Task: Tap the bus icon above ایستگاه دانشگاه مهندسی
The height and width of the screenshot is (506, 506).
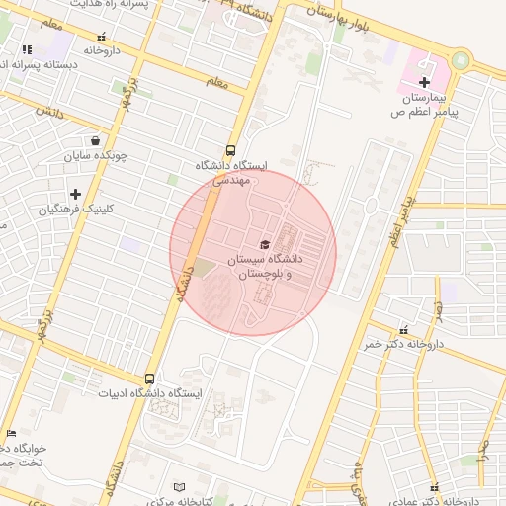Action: click(x=230, y=151)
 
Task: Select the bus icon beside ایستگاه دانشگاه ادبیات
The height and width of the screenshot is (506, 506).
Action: click(x=149, y=378)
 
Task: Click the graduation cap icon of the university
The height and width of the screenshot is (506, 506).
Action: click(x=264, y=243)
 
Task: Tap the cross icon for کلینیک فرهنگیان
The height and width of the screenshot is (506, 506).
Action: click(x=75, y=193)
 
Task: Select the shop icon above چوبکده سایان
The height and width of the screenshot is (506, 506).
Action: click(x=94, y=140)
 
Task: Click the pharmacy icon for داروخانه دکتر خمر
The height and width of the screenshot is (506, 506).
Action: click(x=403, y=330)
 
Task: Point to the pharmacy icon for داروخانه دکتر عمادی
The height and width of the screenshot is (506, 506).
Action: click(x=436, y=486)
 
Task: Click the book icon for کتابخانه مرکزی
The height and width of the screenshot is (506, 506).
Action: click(x=179, y=486)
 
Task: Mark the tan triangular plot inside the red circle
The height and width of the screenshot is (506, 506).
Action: click(x=203, y=267)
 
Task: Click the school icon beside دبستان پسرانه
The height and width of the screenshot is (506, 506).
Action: click(x=27, y=48)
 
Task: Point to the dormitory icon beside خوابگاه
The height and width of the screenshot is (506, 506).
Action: click(x=11, y=433)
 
